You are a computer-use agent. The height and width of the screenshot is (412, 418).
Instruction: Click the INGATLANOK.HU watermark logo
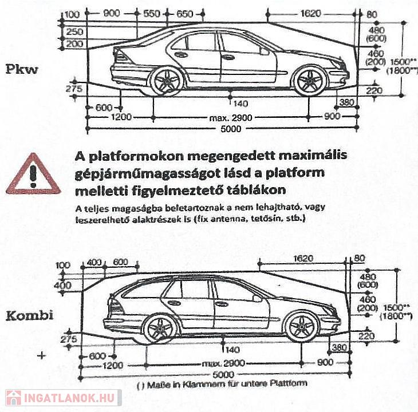[x=62, y=397]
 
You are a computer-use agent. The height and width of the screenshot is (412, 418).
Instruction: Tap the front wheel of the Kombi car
[x=301, y=326]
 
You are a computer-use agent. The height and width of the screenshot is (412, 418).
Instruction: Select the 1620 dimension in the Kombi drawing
[x=303, y=259]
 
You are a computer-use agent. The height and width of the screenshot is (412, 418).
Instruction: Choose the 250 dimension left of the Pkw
[x=74, y=32]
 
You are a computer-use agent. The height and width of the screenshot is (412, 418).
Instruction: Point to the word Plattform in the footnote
[x=291, y=383]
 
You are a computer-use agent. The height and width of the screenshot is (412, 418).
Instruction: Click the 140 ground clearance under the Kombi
[x=231, y=350]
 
